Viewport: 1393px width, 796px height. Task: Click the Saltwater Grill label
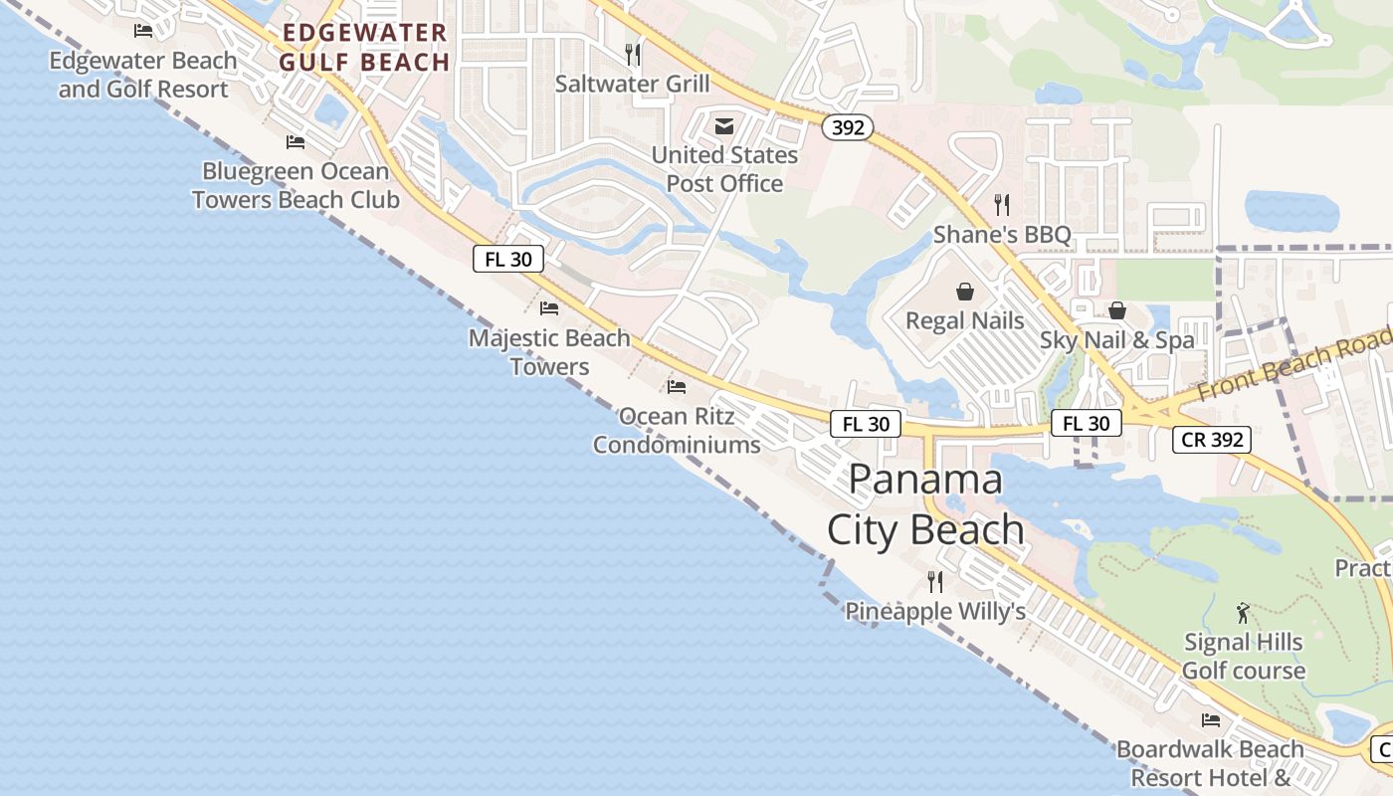pyautogui.click(x=632, y=84)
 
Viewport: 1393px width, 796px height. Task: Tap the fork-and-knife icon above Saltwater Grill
pyautogui.click(x=632, y=52)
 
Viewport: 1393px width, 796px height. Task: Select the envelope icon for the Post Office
pyautogui.click(x=724, y=126)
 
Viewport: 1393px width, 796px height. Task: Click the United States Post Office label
pyautogui.click(x=724, y=169)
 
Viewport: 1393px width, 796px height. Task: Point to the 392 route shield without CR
pyautogui.click(x=848, y=127)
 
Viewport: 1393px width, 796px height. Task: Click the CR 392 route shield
pyautogui.click(x=1211, y=439)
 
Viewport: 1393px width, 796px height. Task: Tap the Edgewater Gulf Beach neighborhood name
pyautogui.click(x=364, y=48)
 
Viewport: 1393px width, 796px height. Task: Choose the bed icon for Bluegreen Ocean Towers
pyautogui.click(x=296, y=142)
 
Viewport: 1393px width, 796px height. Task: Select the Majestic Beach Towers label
pyautogui.click(x=549, y=352)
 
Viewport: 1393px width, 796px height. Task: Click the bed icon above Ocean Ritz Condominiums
pyautogui.click(x=677, y=386)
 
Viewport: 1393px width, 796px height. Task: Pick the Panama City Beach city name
pyautogui.click(x=925, y=504)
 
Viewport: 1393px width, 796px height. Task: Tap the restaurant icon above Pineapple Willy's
pyautogui.click(x=935, y=581)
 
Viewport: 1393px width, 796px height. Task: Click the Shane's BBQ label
pyautogui.click(x=1002, y=235)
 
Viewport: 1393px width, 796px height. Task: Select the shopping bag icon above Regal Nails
pyautogui.click(x=964, y=292)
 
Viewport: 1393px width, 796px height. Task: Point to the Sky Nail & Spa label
pyautogui.click(x=1116, y=339)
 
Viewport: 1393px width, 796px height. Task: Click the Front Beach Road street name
pyautogui.click(x=1293, y=366)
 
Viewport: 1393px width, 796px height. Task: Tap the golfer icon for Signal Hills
pyautogui.click(x=1242, y=613)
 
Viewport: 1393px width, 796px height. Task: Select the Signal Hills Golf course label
pyautogui.click(x=1243, y=657)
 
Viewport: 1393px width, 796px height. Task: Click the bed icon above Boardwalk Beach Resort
pyautogui.click(x=1211, y=719)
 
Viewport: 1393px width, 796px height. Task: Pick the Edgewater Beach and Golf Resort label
pyautogui.click(x=143, y=75)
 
